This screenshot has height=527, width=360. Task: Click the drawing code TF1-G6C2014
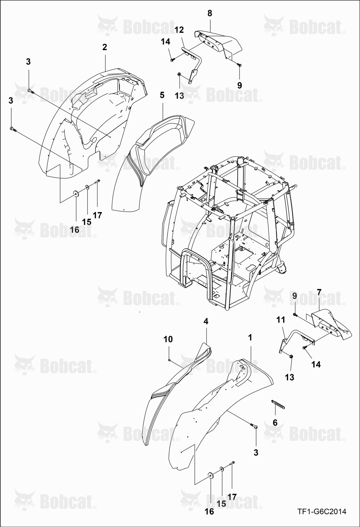(322, 511)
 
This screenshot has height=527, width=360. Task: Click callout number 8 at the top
(210, 13)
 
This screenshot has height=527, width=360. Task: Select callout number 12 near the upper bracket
(179, 30)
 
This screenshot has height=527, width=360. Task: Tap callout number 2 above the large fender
(105, 47)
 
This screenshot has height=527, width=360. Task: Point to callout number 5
(162, 95)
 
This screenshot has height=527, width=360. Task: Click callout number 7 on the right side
(319, 292)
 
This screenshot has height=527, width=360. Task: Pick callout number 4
(206, 321)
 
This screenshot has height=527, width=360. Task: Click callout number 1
(250, 337)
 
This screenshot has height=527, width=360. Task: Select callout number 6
(275, 422)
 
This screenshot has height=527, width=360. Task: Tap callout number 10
(168, 339)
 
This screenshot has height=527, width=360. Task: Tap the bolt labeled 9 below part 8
(239, 64)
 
